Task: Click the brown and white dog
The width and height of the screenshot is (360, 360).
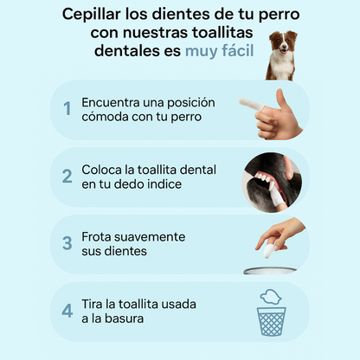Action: (x=281, y=55)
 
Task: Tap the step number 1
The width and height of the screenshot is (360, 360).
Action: (x=67, y=109)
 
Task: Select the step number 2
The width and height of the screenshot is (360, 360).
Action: (x=67, y=177)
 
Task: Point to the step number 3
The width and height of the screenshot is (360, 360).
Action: (x=67, y=243)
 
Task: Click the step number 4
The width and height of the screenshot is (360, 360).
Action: (x=67, y=311)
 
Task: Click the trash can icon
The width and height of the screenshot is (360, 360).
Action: (x=272, y=321)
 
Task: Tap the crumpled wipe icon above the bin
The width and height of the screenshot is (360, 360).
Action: (x=271, y=297)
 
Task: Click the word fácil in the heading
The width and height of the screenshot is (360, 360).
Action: (x=238, y=51)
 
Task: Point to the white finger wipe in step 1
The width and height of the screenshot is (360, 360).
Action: (x=251, y=105)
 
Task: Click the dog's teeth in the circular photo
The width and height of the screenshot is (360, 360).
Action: (x=264, y=178)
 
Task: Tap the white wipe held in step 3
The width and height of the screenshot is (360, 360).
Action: (x=269, y=250)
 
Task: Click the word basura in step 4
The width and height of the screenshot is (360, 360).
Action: (x=125, y=318)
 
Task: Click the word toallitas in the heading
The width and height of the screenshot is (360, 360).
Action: (x=222, y=32)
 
